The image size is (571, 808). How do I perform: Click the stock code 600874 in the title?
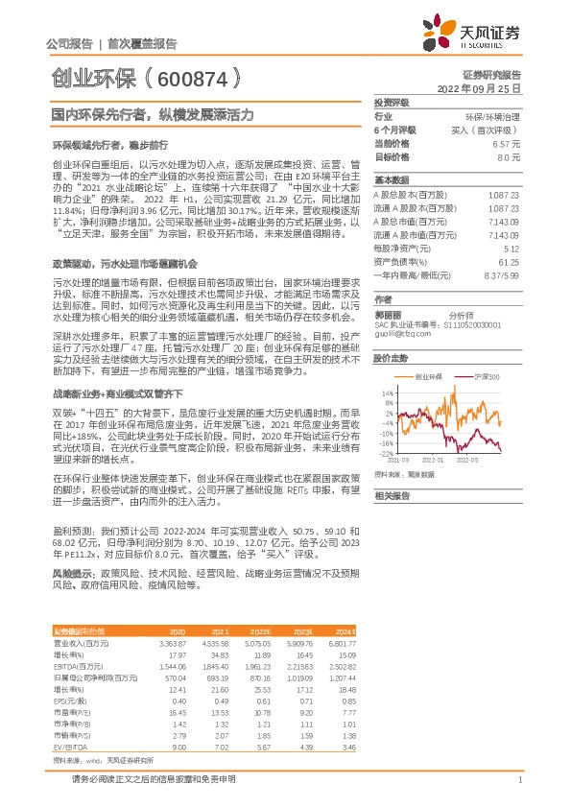192,76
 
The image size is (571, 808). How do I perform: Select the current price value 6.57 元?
505,142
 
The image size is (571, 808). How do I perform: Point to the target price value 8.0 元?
508,155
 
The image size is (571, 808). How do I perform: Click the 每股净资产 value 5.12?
510,247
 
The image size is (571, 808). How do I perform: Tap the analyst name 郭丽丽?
387,314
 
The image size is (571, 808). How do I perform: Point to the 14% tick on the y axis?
387,393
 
